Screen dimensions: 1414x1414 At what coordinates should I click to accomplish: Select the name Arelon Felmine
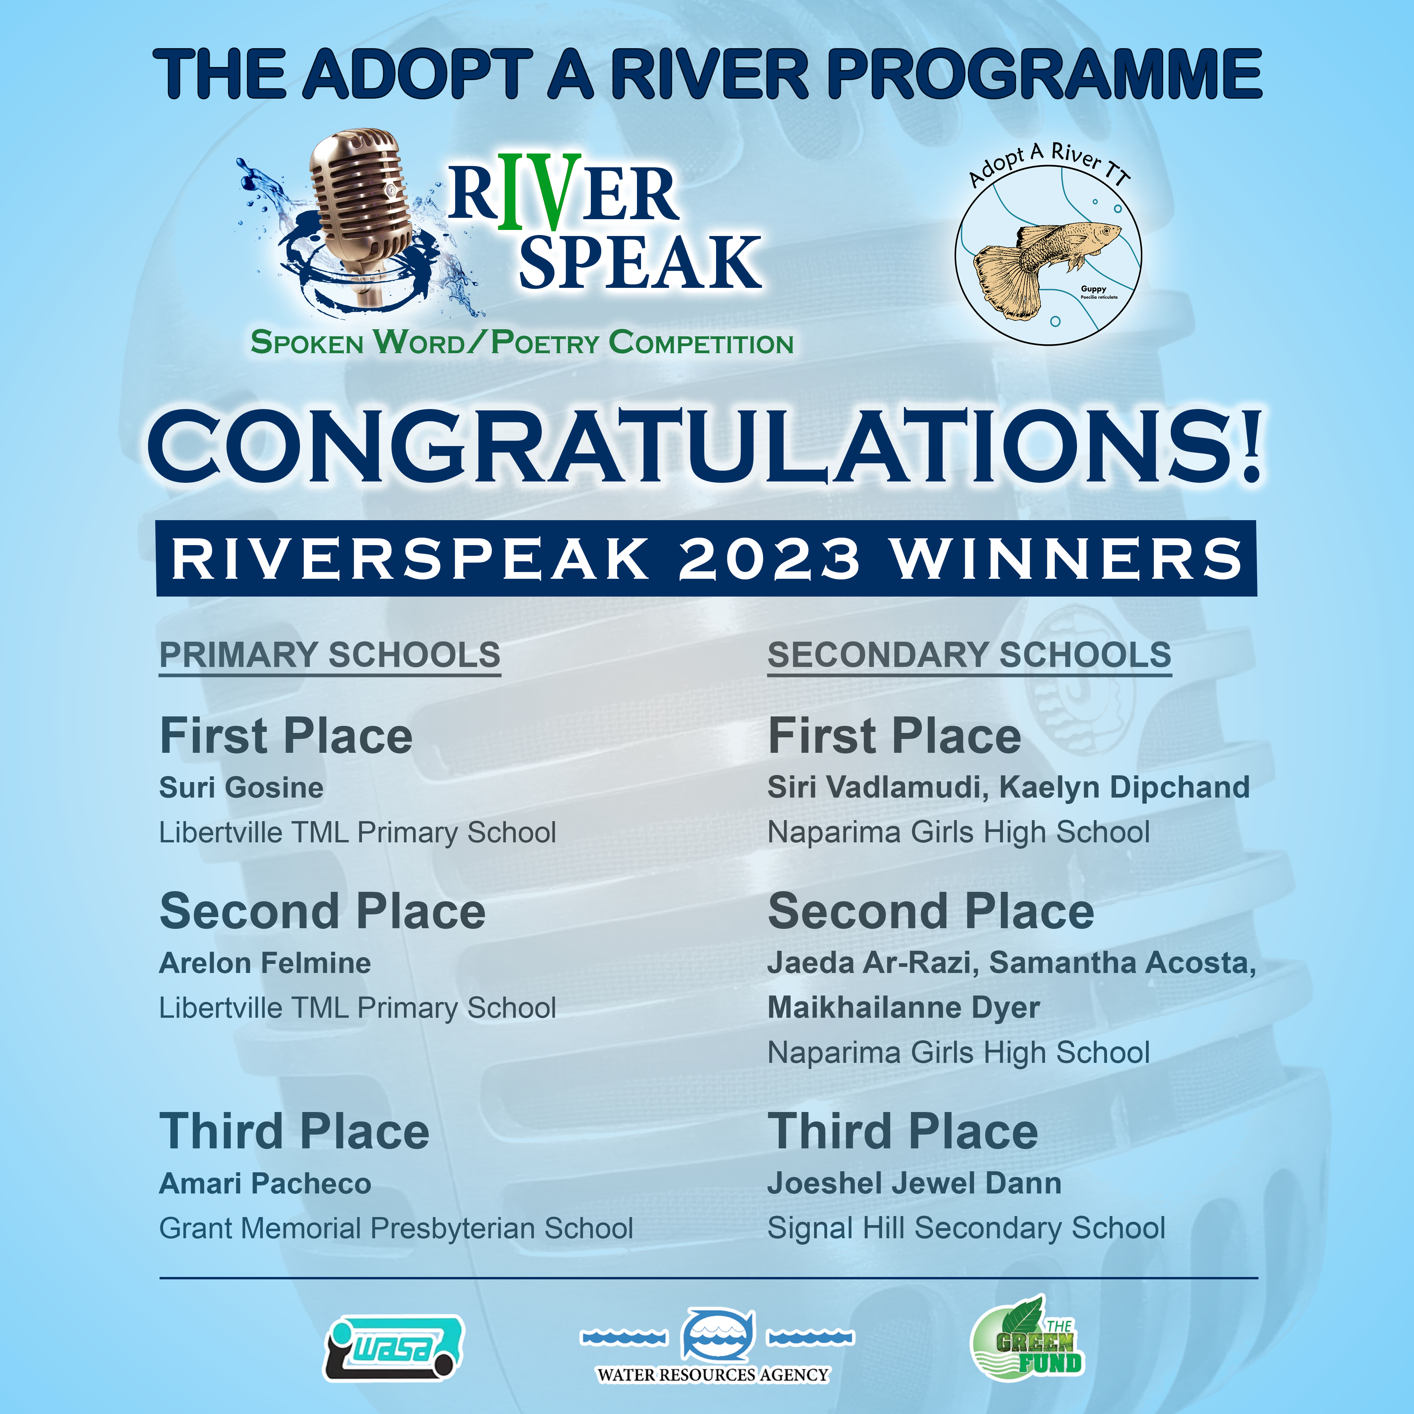pos(265,963)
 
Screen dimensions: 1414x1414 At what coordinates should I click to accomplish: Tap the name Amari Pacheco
pos(265,1183)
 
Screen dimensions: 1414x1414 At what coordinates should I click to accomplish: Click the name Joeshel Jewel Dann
pos(914,1183)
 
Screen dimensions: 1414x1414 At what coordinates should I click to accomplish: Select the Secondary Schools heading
pos(969,655)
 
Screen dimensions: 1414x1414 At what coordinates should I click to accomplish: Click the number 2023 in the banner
pos(769,559)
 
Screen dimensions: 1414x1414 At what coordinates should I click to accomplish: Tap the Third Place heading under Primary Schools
pos(294,1131)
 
